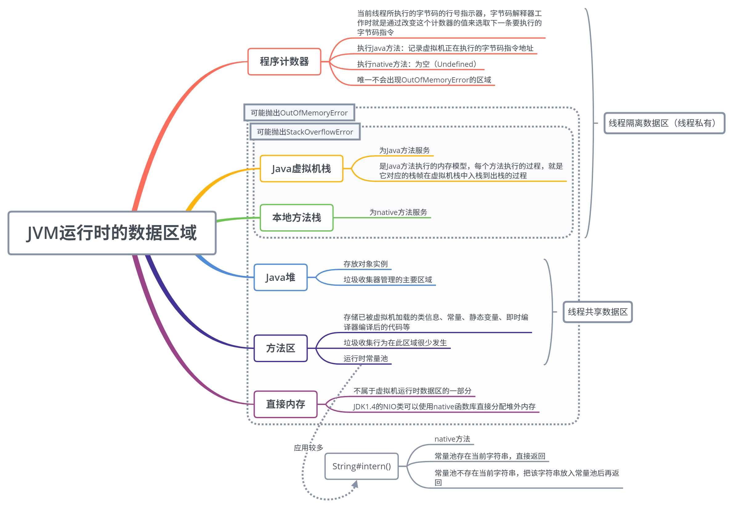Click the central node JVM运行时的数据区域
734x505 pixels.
coord(112,233)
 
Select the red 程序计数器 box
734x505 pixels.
coord(284,62)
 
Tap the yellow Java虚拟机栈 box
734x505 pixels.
coord(301,169)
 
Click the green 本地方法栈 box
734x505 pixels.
coord(296,218)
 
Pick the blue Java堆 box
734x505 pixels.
coord(280,277)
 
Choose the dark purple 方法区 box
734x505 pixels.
coord(280,348)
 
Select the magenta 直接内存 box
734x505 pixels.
coord(285,404)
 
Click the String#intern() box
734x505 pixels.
coord(361,466)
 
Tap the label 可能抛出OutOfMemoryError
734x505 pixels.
coord(299,113)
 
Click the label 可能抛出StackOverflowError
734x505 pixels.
coord(305,132)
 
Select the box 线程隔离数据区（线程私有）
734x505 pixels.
coord(664,123)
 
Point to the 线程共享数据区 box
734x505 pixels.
coord(597,312)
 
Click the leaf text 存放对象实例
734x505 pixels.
coord(365,264)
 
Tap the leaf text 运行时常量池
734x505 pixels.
coord(365,358)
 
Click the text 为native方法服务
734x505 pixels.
coord(398,212)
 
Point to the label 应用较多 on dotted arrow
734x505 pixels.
coord(309,448)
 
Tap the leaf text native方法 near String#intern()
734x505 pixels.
coord(452,439)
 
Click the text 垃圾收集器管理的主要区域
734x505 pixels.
coord(388,280)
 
